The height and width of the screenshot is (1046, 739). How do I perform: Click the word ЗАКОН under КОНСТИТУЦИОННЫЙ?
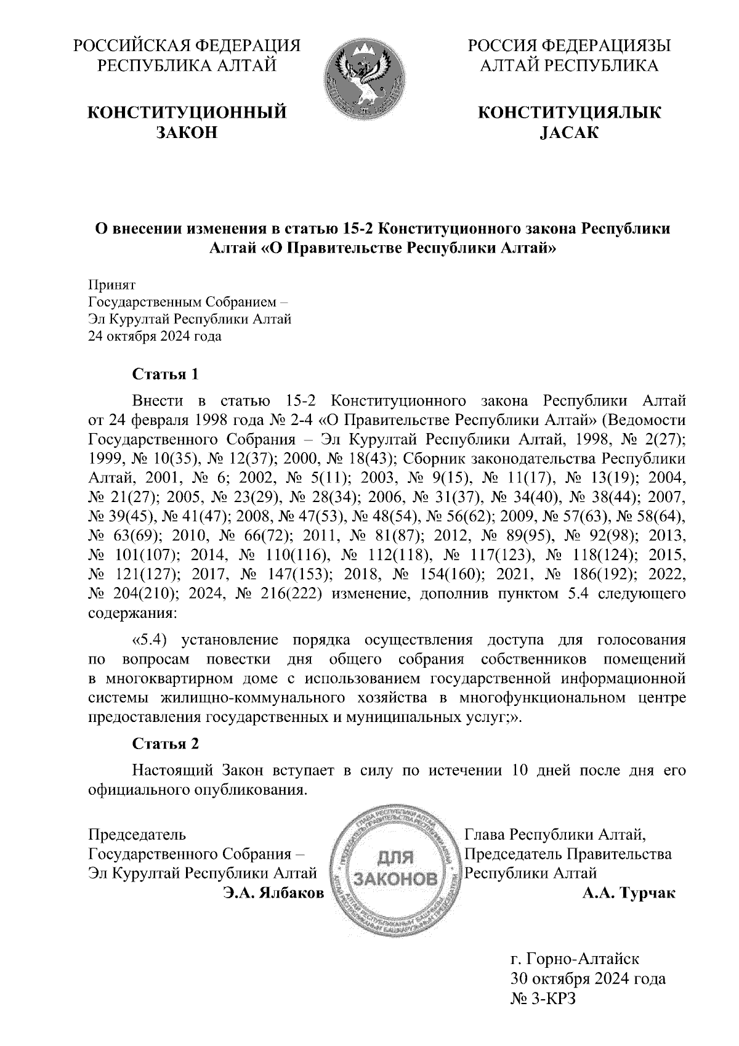[x=187, y=132]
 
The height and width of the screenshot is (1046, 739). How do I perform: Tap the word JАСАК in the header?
[x=568, y=132]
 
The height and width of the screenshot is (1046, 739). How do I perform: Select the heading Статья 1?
[x=166, y=374]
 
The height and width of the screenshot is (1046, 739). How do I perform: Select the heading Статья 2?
[x=166, y=744]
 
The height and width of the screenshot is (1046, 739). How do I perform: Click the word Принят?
[x=112, y=285]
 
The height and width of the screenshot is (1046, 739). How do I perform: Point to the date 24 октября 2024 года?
[x=155, y=336]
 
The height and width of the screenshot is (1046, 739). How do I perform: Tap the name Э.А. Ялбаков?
[x=273, y=893]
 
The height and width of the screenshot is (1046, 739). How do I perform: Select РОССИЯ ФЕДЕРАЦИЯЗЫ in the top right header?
[x=568, y=46]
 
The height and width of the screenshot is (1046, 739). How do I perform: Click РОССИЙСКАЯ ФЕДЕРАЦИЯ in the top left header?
[x=187, y=46]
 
